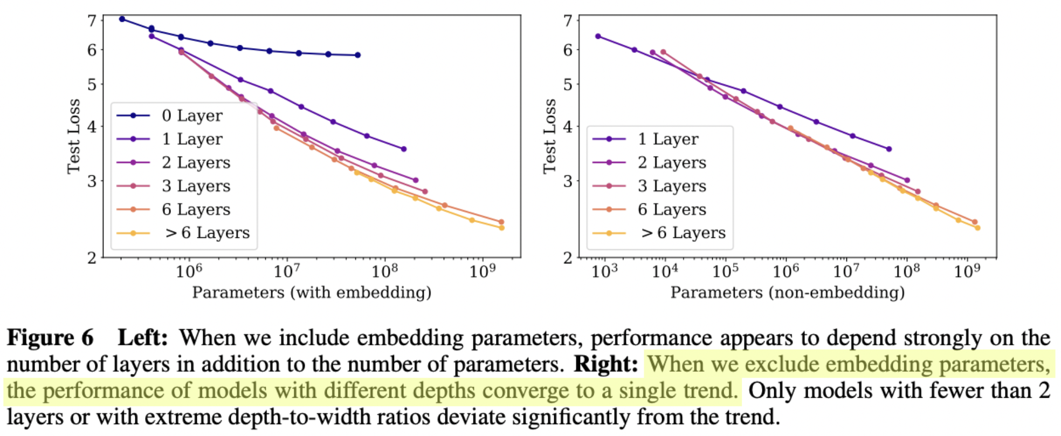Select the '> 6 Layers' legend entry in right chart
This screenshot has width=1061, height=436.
683,233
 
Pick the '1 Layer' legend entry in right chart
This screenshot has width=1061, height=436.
667,139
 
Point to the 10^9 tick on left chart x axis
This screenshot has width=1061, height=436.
482,271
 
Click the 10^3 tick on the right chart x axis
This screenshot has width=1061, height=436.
604,271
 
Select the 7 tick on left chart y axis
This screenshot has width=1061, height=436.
92,21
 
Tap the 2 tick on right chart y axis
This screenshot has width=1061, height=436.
568,258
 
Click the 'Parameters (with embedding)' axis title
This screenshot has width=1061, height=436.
312,292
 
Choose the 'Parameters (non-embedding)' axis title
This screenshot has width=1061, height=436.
787,292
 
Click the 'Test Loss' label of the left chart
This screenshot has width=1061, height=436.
73,137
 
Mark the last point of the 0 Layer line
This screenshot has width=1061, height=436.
358,55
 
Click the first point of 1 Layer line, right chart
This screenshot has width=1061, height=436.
598,36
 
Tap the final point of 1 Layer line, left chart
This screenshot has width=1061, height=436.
404,149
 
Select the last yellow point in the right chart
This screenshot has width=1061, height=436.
977,228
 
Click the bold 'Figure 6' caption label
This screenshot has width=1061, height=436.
50,338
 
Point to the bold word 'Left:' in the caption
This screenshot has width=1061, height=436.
143,338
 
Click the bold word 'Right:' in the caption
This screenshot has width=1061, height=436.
606,364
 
